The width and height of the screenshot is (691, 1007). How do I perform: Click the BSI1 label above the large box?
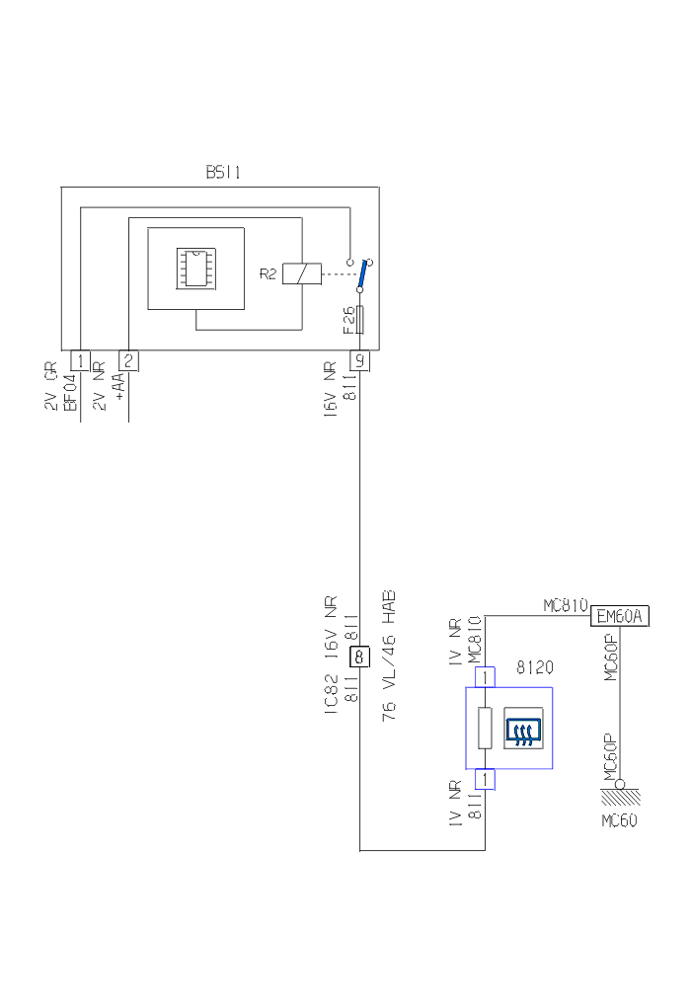[222, 172]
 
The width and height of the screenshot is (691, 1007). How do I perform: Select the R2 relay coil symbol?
[302, 273]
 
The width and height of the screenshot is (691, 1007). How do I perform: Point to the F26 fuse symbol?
[361, 320]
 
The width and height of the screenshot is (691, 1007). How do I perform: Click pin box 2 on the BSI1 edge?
[128, 360]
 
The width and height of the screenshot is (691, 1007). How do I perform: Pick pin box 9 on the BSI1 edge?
[360, 360]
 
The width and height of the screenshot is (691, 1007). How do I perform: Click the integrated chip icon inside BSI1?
[195, 268]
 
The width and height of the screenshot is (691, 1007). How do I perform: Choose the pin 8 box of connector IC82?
[360, 655]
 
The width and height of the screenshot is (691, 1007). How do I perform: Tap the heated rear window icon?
[524, 730]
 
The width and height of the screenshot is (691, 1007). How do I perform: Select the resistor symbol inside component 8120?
[484, 728]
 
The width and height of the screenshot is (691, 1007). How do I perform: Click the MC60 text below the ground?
[619, 820]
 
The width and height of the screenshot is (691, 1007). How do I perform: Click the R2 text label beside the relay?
[269, 273]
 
